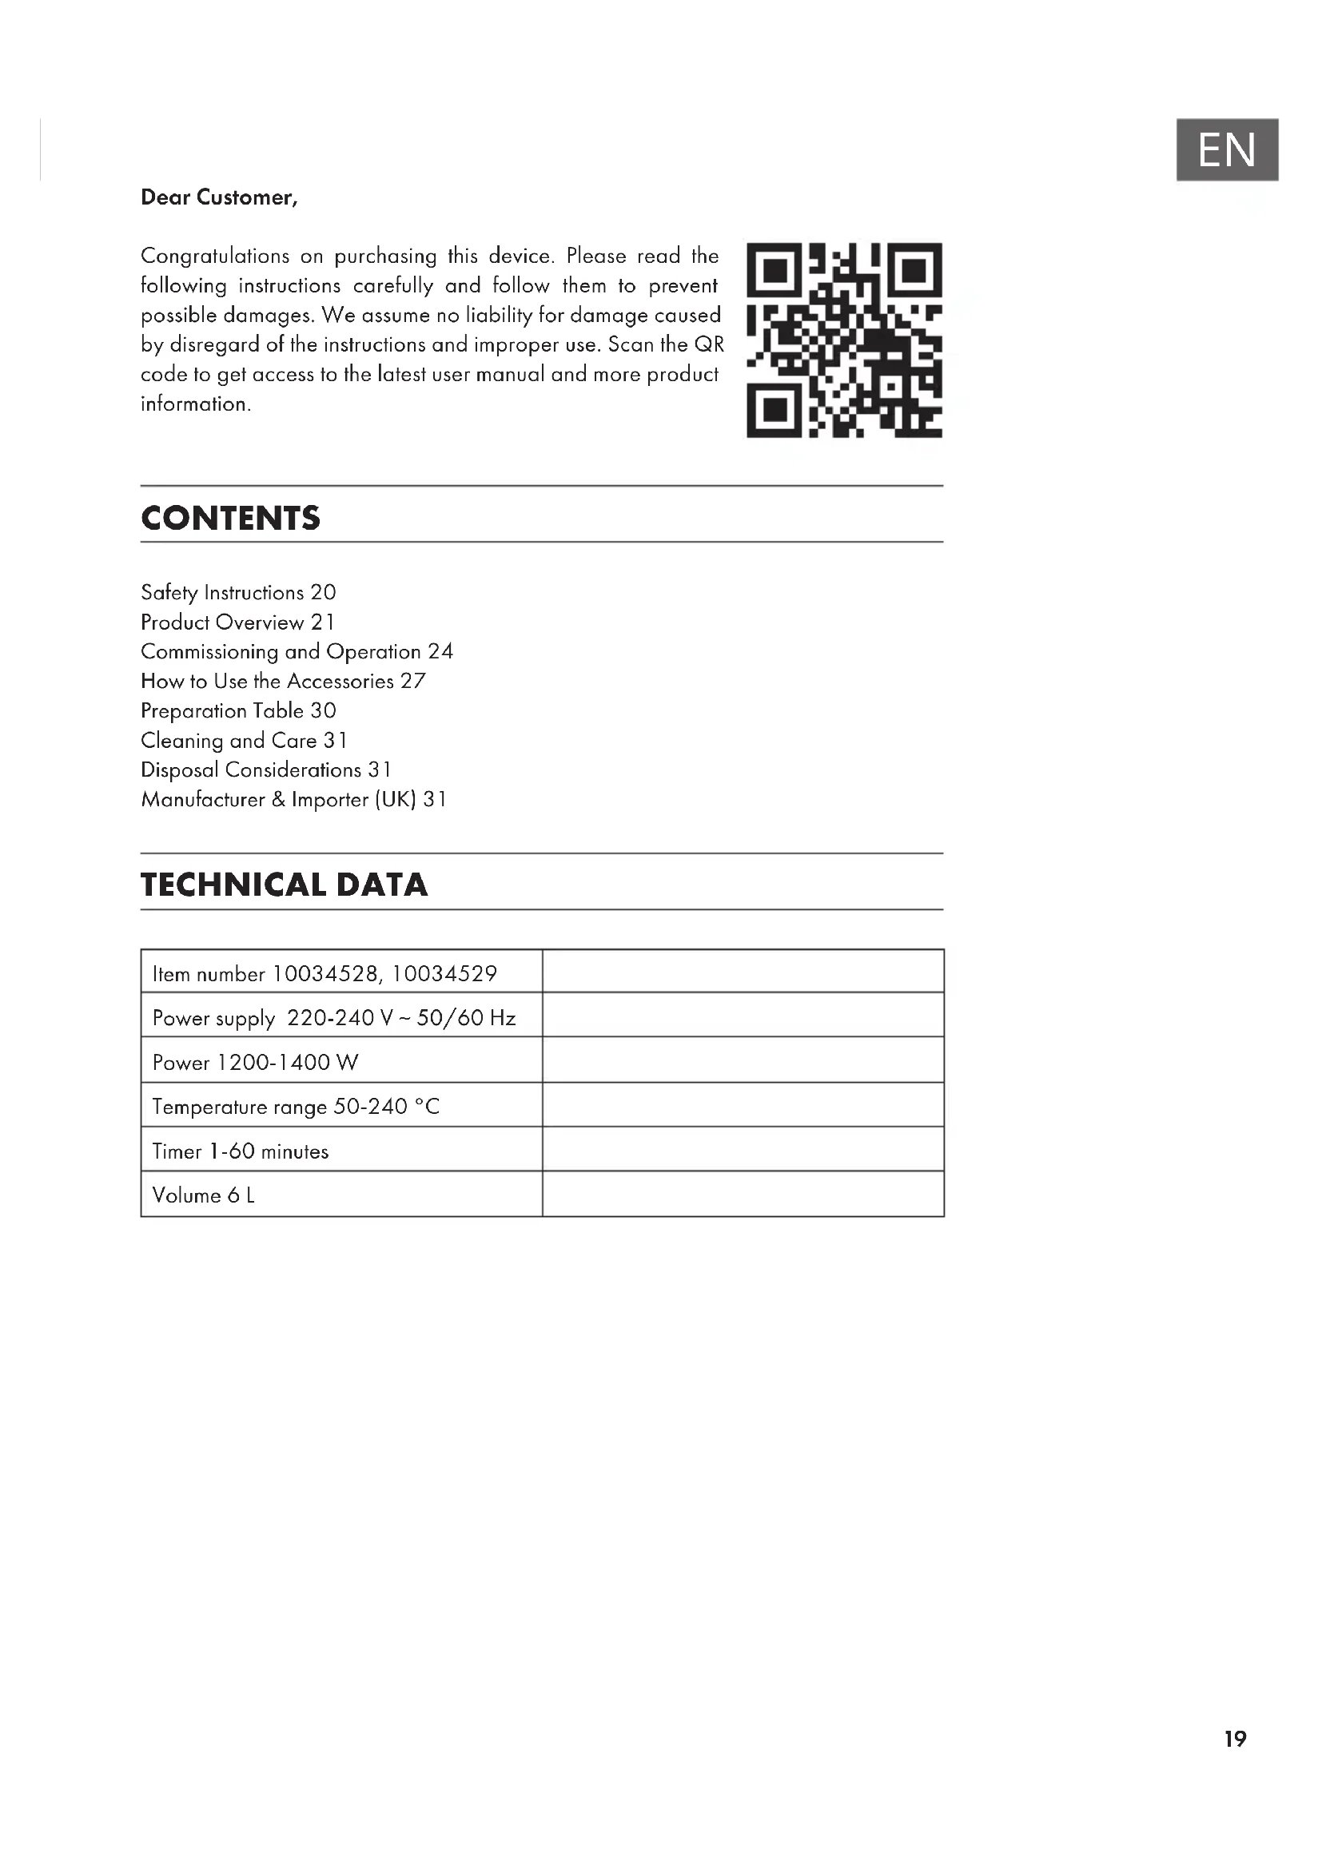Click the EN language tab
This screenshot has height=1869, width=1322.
point(1226,149)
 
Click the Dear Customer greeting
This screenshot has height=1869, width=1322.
point(219,198)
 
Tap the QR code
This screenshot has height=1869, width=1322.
point(844,340)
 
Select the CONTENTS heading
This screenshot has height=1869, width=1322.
point(230,519)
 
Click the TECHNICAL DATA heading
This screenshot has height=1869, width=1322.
point(284,885)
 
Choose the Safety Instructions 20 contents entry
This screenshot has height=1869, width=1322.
point(237,593)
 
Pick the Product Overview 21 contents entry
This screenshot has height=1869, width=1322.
point(237,622)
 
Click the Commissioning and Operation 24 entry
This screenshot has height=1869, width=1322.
point(297,652)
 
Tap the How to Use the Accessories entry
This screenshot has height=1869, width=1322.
point(282,682)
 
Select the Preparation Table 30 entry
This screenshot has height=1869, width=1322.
point(237,710)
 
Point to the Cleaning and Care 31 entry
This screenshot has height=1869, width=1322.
point(244,741)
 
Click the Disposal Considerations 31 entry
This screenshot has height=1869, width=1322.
point(265,770)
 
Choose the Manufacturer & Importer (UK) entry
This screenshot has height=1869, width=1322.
point(293,799)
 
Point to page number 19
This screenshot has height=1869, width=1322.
point(1235,1740)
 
